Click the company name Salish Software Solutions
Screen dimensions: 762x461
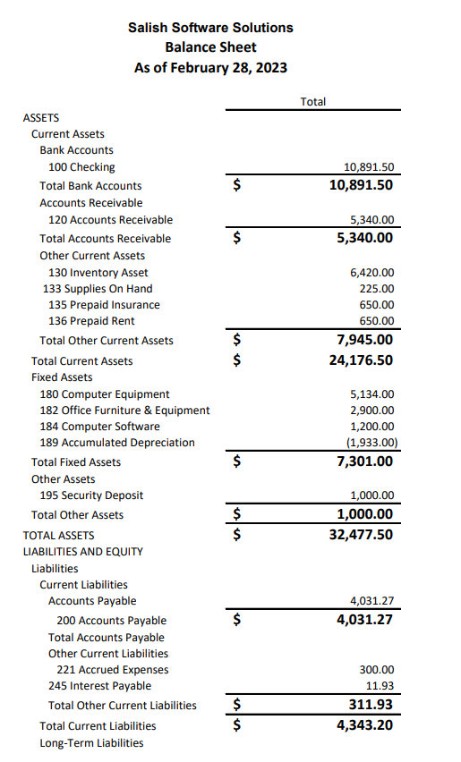[210, 28]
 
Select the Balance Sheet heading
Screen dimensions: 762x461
[210, 47]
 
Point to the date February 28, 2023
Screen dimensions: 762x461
[234, 68]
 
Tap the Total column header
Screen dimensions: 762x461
[312, 102]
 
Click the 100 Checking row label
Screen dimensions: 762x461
[81, 167]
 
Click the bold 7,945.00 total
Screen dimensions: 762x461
[362, 340]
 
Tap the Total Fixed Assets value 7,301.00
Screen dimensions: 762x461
[362, 461]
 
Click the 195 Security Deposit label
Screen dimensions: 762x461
[91, 495]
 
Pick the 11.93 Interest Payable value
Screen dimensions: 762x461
[380, 686]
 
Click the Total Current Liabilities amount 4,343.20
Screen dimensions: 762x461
[362, 725]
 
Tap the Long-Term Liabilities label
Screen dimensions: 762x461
[91, 742]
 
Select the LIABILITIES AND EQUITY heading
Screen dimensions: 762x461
[82, 552]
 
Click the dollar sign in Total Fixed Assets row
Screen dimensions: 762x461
[237, 462]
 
